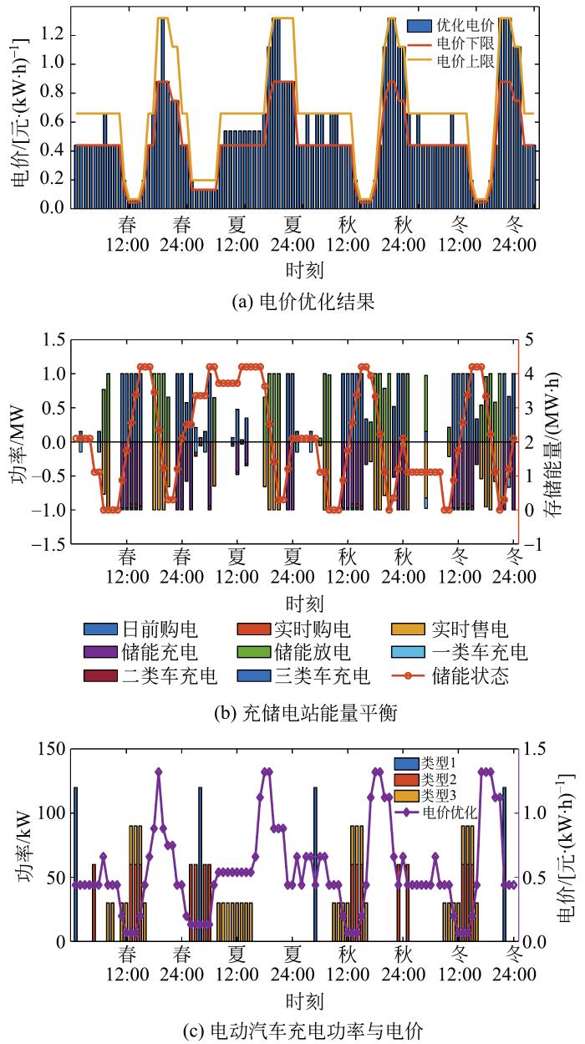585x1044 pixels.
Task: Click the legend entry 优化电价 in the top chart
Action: [x=471, y=24]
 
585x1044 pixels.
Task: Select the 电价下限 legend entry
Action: [x=471, y=42]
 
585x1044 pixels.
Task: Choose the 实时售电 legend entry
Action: [x=468, y=629]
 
